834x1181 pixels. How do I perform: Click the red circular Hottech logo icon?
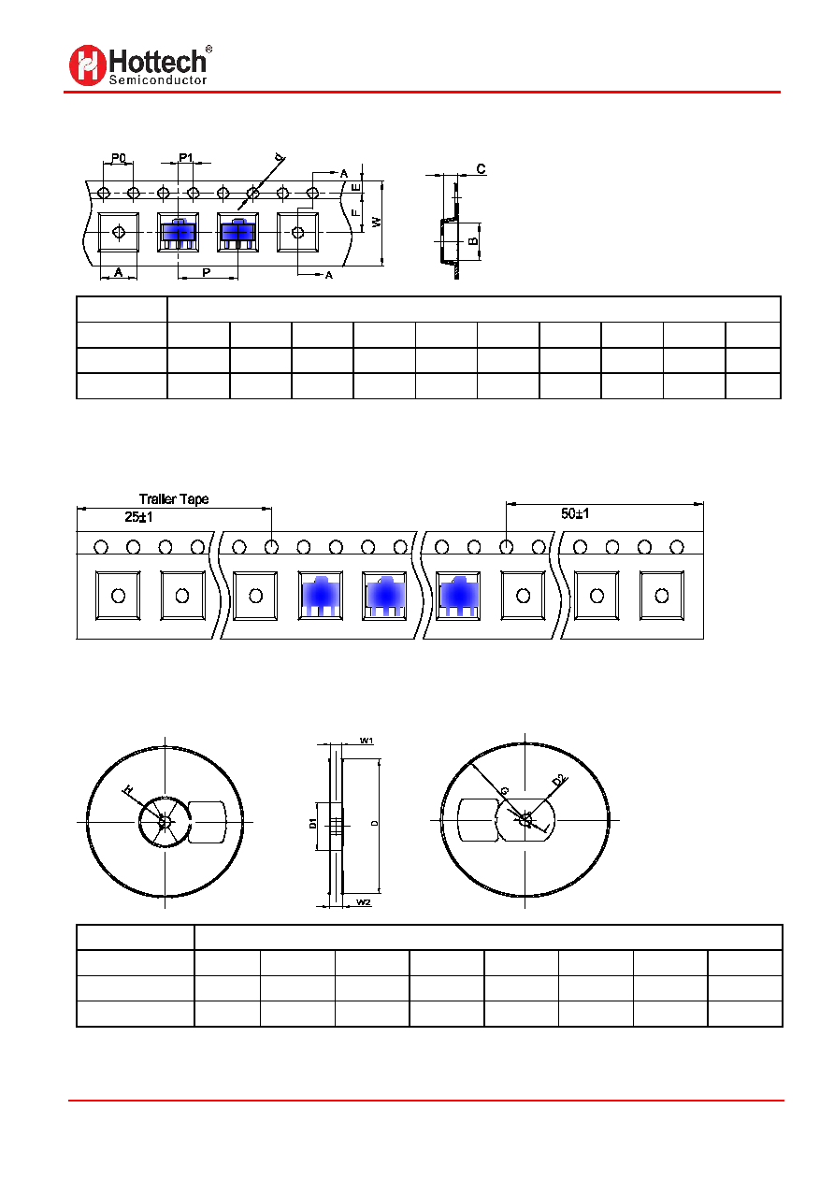88,65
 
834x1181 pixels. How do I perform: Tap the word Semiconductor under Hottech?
158,80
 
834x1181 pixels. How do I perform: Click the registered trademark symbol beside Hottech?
208,49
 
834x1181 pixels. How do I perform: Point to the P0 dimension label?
119,158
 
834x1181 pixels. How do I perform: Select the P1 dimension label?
186,157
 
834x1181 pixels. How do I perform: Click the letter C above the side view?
481,168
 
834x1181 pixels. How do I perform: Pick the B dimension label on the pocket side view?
473,241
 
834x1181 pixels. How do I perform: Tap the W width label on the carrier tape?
377,222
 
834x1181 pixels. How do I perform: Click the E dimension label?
356,187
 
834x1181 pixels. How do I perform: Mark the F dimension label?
356,212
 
